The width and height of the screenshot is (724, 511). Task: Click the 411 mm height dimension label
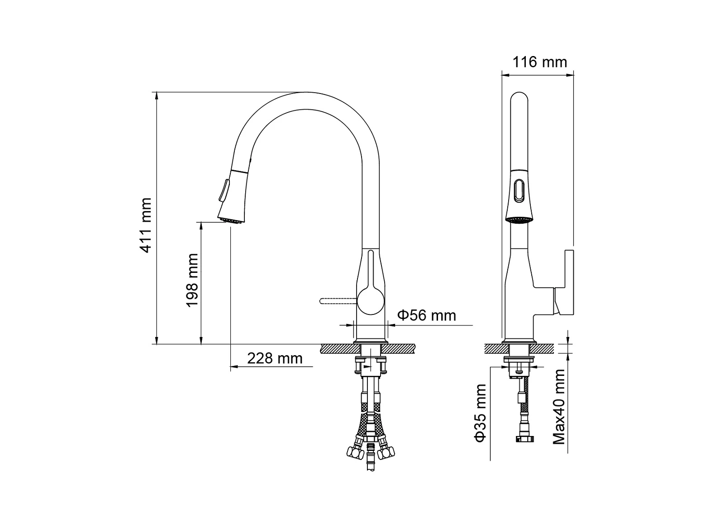(x=145, y=225)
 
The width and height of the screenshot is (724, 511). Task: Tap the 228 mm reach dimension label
(x=275, y=358)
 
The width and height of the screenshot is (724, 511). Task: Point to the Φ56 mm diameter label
(x=427, y=315)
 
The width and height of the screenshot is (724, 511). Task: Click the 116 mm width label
(x=540, y=62)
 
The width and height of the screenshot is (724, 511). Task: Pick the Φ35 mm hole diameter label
(x=480, y=413)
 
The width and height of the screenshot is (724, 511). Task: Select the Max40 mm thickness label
(x=559, y=407)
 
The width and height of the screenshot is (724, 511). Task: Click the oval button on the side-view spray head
(x=519, y=191)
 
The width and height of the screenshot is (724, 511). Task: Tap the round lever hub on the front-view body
(x=371, y=301)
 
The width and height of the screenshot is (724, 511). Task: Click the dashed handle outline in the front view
(x=338, y=301)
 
